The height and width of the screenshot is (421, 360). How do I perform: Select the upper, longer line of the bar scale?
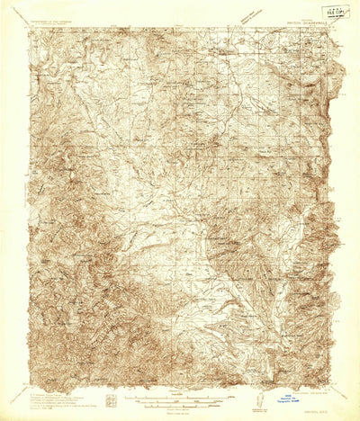coord(180,396)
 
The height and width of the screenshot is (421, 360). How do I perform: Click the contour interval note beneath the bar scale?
coord(180,408)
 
